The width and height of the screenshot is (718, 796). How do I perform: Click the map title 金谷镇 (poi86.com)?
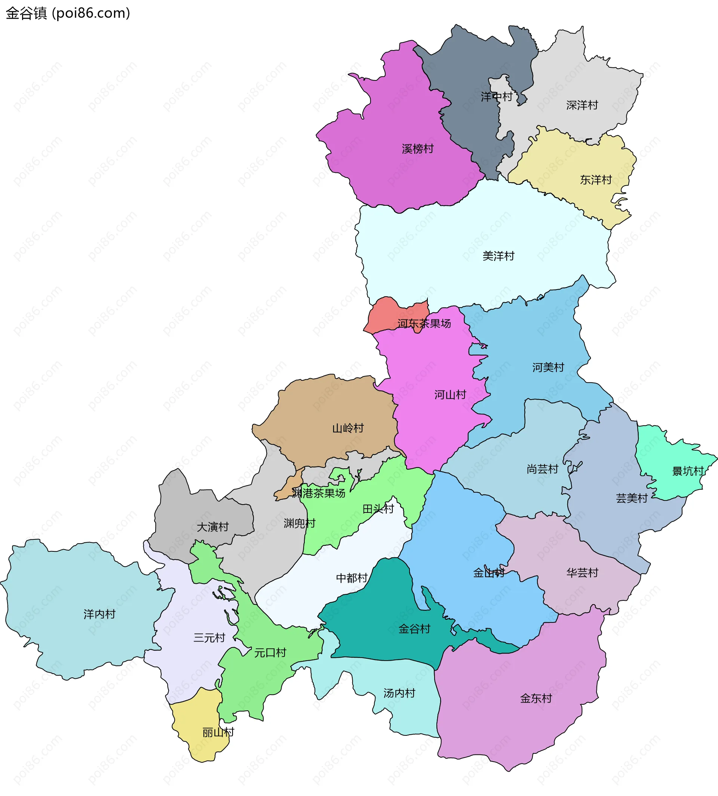tap(68, 13)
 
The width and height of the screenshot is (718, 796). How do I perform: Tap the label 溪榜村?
tap(417, 149)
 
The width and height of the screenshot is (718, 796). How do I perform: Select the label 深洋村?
tap(582, 105)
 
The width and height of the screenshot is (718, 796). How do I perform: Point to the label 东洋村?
tap(595, 180)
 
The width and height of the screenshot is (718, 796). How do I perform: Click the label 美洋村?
tap(498, 256)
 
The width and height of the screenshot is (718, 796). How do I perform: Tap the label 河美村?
tap(548, 367)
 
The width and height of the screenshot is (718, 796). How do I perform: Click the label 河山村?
tap(450, 395)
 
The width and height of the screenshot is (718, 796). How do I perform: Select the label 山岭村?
tap(347, 428)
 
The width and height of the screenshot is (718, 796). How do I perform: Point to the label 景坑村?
tap(688, 471)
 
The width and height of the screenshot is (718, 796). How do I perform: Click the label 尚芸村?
tap(543, 469)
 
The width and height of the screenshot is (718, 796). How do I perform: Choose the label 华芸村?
tap(582, 573)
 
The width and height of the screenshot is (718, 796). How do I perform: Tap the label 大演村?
tap(213, 527)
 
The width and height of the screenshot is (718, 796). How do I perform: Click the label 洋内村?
tap(99, 614)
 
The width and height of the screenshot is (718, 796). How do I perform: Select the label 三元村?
tap(209, 638)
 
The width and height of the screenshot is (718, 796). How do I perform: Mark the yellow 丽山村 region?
tap(197, 726)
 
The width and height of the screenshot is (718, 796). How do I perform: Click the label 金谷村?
tap(414, 629)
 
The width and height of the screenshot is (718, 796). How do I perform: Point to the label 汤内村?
tap(399, 693)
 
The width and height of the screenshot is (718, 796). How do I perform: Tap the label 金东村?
tap(536, 698)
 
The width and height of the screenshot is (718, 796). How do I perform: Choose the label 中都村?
tap(352, 578)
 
